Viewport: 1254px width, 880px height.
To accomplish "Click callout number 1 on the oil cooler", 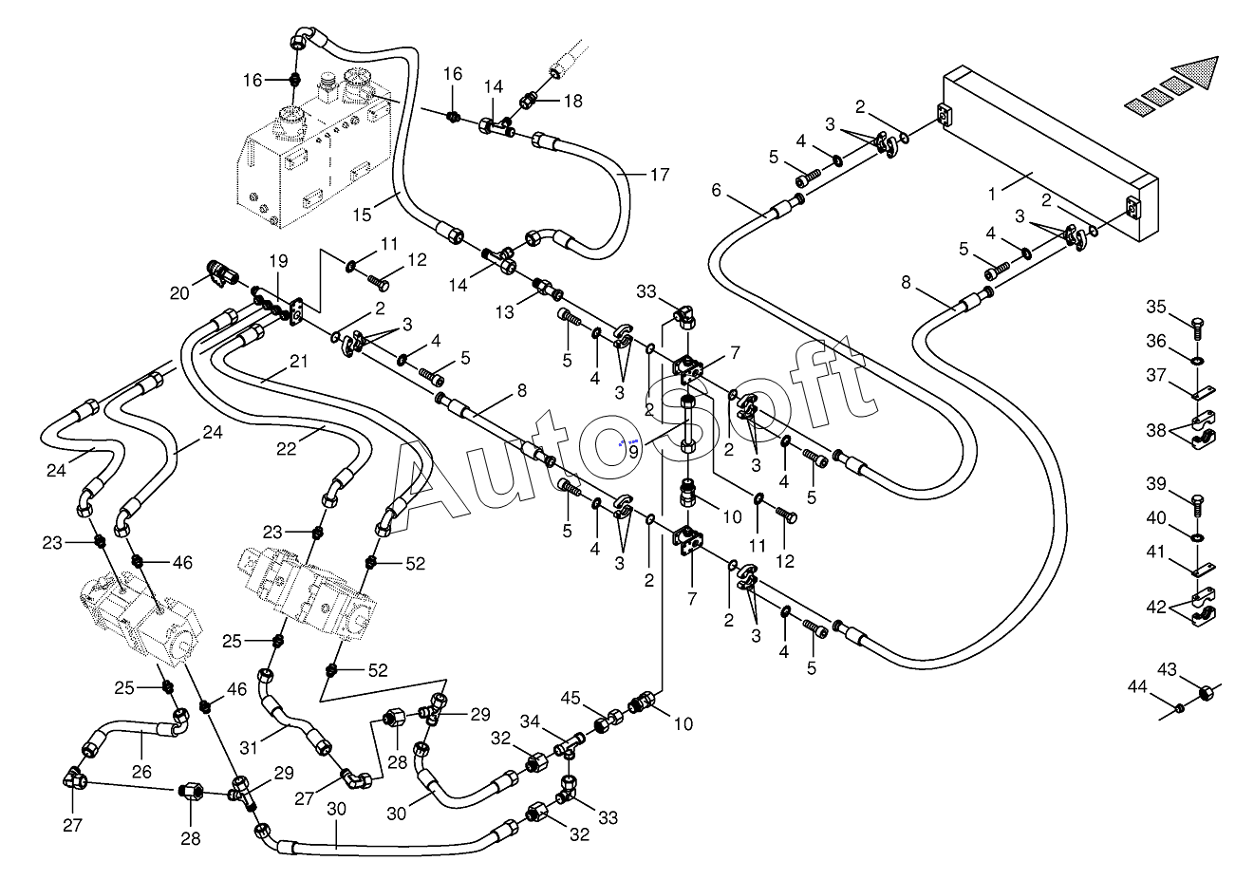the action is click(991, 195).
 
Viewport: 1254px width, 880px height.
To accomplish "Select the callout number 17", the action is click(660, 175).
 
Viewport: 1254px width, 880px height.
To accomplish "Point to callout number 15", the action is click(363, 215).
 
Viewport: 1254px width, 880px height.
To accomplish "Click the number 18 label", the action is click(573, 101).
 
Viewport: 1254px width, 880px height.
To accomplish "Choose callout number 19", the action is click(278, 261).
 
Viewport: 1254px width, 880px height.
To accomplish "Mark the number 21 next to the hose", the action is click(299, 361).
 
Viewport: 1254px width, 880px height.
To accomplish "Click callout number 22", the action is click(286, 449).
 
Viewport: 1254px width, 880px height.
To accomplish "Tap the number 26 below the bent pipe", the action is click(141, 772).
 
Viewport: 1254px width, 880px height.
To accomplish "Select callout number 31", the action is click(249, 747).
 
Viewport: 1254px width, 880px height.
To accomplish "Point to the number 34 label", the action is click(530, 721).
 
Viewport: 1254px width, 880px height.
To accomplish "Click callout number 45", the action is click(571, 698).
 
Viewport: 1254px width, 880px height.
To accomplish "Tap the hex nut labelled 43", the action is click(1207, 693).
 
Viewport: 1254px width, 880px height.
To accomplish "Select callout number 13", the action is click(504, 311).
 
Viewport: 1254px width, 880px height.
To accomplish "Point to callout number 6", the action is click(716, 190).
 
